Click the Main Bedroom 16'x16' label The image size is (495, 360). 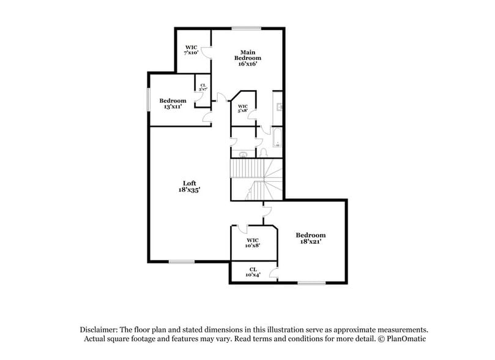247,58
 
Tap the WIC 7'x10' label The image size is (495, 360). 192,50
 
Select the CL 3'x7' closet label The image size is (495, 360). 201,88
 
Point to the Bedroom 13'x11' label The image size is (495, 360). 173,103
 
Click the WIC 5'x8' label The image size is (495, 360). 242,108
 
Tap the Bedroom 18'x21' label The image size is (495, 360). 311,238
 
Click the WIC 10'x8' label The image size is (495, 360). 253,243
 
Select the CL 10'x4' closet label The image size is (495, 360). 253,272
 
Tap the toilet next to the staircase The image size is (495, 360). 264,152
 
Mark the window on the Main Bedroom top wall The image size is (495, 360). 245,28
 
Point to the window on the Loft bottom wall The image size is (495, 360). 181,262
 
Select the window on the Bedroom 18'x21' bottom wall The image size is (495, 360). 311,283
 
